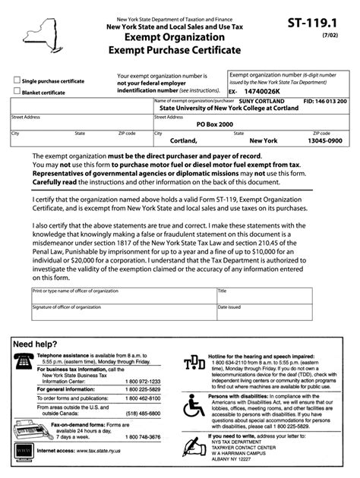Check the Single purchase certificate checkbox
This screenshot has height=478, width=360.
(x=16, y=80)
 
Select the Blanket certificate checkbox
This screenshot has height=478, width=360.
(x=16, y=91)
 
